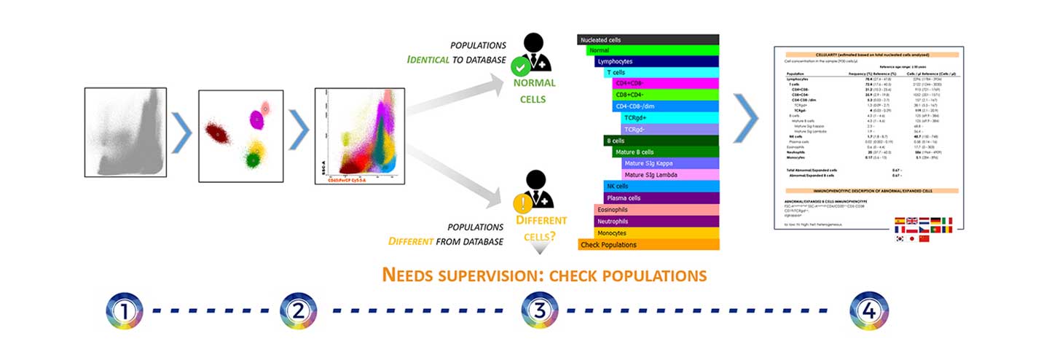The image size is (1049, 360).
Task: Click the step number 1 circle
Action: (x=125, y=310)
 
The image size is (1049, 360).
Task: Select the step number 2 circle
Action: (x=296, y=310)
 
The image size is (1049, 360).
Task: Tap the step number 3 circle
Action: (x=539, y=310)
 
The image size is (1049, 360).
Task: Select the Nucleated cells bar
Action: (x=648, y=40)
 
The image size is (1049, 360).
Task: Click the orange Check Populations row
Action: (x=648, y=245)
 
